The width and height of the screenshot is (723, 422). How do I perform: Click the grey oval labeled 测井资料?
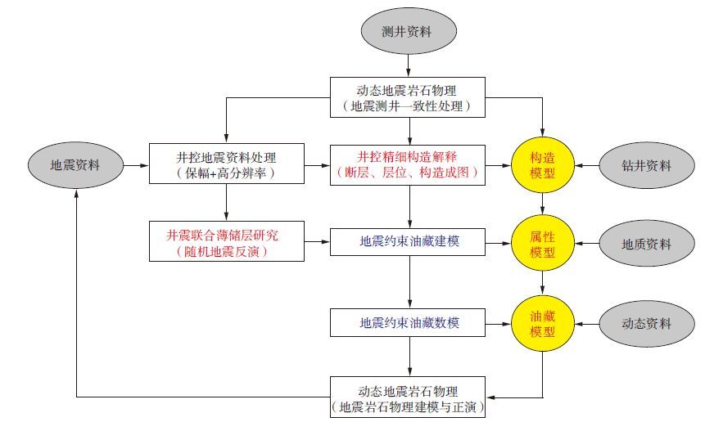407,33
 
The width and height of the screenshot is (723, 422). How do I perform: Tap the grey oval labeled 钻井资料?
647,165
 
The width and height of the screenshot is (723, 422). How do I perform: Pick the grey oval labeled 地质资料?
647,244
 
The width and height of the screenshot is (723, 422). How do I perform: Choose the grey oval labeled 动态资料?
647,322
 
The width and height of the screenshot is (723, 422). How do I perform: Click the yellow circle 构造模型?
543,165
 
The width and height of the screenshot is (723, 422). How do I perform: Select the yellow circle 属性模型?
543,244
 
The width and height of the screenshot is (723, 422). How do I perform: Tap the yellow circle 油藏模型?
543,322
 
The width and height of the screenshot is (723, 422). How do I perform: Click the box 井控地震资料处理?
227,165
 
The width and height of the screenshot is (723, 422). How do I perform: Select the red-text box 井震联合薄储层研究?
227,242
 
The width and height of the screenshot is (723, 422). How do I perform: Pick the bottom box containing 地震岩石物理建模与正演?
412,397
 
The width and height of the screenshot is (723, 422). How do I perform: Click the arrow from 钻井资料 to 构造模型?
587,165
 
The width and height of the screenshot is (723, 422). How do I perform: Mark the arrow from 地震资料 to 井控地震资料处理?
136,165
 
